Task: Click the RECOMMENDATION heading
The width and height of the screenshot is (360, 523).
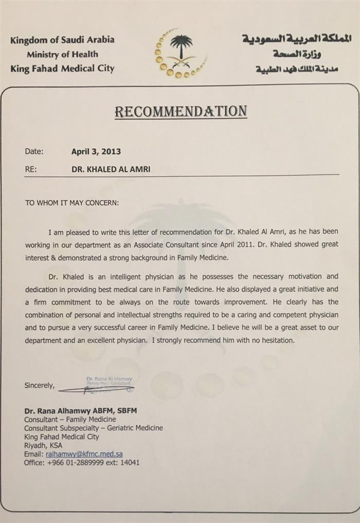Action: [181, 111]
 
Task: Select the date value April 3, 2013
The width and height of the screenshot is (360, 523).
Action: [96, 152]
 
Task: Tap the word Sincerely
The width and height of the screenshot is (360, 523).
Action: [39, 386]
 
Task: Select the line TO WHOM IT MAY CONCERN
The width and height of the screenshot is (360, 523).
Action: [72, 203]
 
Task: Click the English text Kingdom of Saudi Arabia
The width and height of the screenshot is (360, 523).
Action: [62, 40]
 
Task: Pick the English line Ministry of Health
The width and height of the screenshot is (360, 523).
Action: [63, 54]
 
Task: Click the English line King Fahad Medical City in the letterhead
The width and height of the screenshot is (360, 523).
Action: [62, 68]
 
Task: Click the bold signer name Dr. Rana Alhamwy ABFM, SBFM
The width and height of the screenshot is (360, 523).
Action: [80, 411]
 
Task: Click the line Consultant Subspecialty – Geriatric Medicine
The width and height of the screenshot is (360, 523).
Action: [94, 428]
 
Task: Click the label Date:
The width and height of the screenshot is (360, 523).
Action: [34, 151]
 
